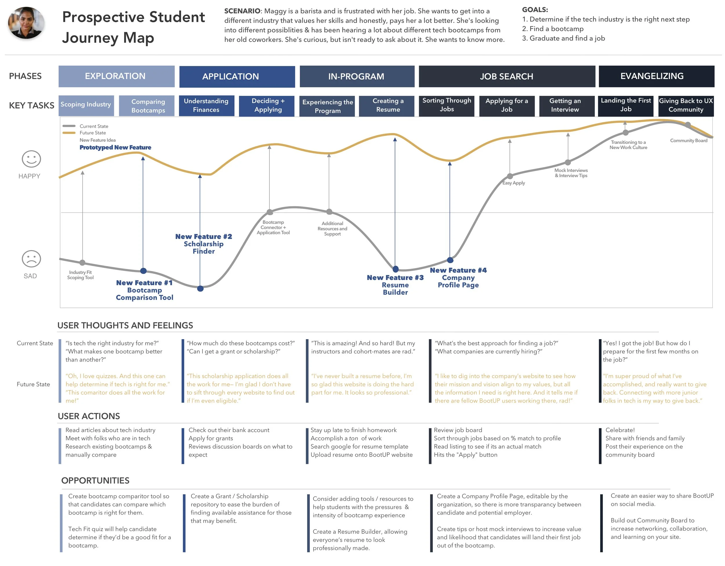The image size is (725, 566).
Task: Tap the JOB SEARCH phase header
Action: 507,76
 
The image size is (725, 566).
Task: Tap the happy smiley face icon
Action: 31,159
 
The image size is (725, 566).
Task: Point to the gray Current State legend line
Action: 69,126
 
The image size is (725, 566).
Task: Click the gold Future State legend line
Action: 69,133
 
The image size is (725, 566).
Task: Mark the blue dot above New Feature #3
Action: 395,269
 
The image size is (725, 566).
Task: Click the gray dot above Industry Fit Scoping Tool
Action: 83,263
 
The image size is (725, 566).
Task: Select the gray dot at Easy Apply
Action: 510,176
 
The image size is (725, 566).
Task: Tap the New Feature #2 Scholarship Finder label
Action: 204,244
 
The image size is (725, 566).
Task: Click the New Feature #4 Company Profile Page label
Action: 458,278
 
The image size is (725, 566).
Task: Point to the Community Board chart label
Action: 688,141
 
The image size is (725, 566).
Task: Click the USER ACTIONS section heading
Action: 89,416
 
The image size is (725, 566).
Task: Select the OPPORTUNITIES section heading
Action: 95,481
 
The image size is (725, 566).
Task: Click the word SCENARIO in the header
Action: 242,11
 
